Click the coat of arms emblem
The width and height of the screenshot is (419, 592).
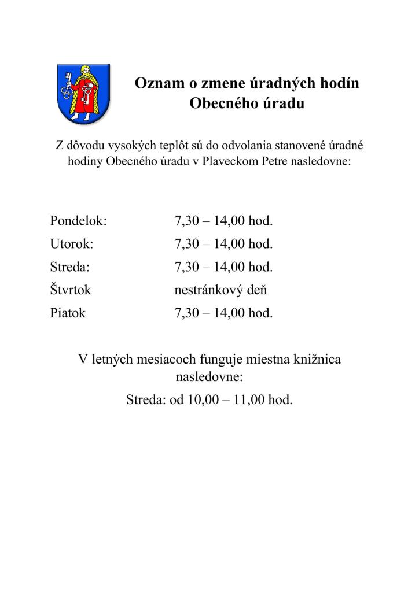[x=82, y=92]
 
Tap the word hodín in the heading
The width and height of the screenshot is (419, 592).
[x=340, y=83]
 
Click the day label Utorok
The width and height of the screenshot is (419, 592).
[x=72, y=244]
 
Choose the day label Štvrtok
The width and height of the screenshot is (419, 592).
[x=71, y=290]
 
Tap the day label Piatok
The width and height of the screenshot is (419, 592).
[x=68, y=313]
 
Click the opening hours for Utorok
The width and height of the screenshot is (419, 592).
[x=223, y=244]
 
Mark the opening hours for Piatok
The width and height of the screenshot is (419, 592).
[x=223, y=313]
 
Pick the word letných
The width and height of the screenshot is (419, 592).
[x=113, y=360]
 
